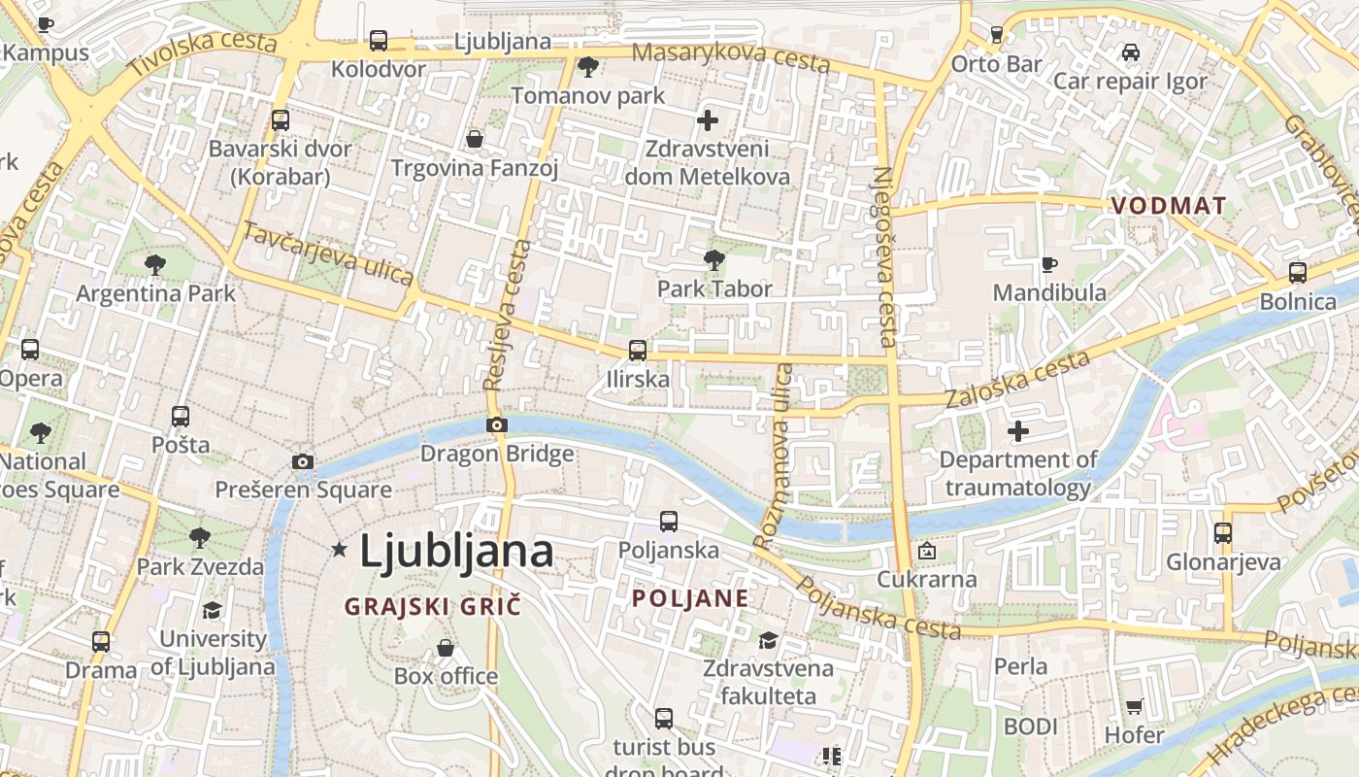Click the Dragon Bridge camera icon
tap(496, 424)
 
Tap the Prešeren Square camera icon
tap(303, 461)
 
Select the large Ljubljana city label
tap(456, 552)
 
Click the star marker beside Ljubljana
tap(339, 550)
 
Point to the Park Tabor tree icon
tap(714, 259)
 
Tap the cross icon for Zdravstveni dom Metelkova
tap(708, 120)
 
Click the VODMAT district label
tap(1169, 206)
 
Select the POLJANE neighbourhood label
tap(690, 598)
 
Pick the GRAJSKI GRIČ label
tap(433, 607)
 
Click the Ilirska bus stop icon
tap(638, 351)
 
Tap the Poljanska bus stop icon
tap(669, 522)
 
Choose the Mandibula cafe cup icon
tap(1048, 264)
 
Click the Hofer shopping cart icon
tap(1134, 706)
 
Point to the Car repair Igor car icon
tap(1130, 52)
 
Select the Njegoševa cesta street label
tap(884, 257)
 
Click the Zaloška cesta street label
tap(1017, 380)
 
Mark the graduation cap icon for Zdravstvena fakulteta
tap(768, 640)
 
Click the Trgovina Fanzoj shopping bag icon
tap(475, 140)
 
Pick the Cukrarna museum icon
tap(927, 551)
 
